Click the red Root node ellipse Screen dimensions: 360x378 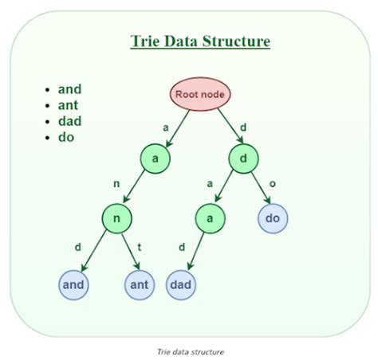pos(200,95)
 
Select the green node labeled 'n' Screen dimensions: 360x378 pos(116,218)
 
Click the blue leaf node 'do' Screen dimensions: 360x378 pos(272,217)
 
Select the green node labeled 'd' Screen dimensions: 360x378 pos(244,158)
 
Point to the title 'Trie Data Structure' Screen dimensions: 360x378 pos(200,41)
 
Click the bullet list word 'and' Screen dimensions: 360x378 pos(69,89)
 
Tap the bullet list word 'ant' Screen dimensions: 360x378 pos(69,104)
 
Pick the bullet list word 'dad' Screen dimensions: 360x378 pos(69,120)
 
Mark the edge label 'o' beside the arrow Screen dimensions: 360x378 pos(272,184)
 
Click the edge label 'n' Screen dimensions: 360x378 pos(116,184)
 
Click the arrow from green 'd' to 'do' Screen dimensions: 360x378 pos(258,188)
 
